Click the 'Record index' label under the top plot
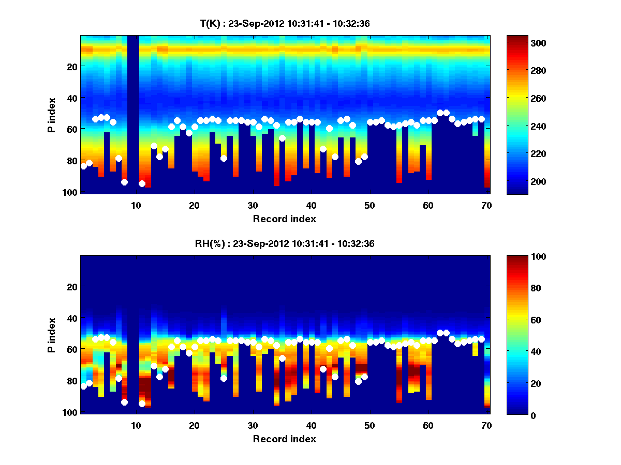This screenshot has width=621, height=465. click(284, 219)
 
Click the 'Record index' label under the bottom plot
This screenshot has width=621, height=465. click(284, 439)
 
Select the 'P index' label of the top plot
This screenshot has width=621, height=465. click(51, 115)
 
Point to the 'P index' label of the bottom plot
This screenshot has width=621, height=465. click(51, 335)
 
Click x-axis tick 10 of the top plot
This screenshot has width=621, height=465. click(136, 206)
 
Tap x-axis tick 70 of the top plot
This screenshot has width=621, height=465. click(486, 206)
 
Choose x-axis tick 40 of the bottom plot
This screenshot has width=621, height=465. click(311, 426)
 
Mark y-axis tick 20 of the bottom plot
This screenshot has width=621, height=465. click(71, 287)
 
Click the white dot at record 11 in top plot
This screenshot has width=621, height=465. click(142, 183)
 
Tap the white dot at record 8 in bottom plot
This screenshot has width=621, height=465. click(124, 402)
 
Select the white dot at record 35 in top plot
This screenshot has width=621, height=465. click(282, 138)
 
